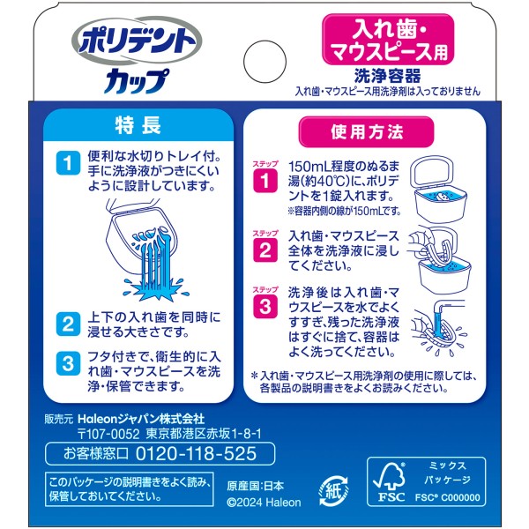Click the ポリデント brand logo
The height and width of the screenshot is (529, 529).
click(x=137, y=41)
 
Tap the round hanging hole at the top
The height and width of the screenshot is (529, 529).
click(x=264, y=62)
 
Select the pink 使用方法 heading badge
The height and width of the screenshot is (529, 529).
click(x=366, y=132)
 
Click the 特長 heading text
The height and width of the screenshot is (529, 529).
click(x=138, y=125)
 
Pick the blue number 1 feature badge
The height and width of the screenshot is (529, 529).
click(x=68, y=162)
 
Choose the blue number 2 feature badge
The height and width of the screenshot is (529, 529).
click(x=68, y=324)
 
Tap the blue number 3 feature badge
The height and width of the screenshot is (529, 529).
click(x=68, y=363)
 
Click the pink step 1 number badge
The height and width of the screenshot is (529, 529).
click(x=265, y=181)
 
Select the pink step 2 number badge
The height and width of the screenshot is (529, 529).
click(x=265, y=250)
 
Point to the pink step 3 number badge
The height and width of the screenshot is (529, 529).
click(x=265, y=307)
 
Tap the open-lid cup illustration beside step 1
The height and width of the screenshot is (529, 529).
click(x=437, y=189)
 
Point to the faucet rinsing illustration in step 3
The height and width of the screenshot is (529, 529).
click(x=439, y=328)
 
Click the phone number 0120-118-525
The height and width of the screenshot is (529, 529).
click(x=196, y=453)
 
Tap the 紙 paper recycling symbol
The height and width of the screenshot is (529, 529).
click(x=333, y=491)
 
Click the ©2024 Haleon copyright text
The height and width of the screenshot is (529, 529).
click(x=264, y=503)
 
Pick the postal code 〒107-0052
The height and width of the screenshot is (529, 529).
click(x=108, y=434)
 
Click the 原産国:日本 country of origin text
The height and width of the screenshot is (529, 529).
click(x=256, y=486)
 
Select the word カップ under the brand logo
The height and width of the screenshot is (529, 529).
click(x=137, y=81)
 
